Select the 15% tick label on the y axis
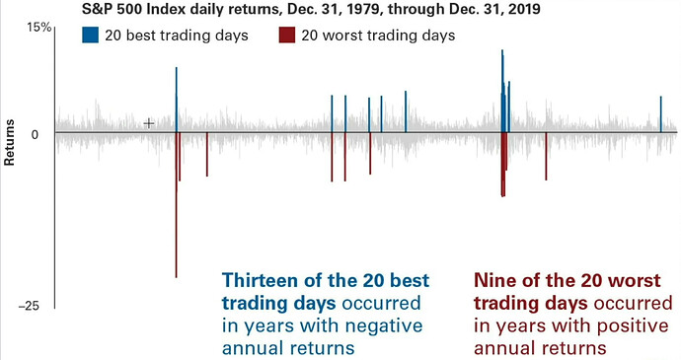(x=38, y=28)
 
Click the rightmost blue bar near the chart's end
(x=661, y=113)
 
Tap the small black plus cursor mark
(x=149, y=123)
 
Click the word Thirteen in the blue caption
(x=261, y=280)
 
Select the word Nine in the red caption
(x=494, y=280)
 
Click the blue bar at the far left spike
(x=176, y=99)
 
